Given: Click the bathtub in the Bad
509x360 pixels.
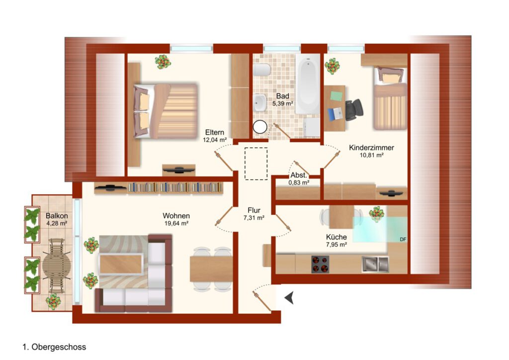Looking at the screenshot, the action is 308,85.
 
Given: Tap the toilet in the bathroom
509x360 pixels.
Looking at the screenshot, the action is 262,70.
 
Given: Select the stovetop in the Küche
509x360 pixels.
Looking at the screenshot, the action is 320,264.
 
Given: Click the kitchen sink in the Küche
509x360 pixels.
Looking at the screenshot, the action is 375,264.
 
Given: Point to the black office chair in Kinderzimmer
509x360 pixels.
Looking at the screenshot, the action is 354,110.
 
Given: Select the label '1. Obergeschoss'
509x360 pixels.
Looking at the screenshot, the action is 54,347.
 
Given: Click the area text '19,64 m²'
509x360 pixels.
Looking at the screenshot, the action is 176,223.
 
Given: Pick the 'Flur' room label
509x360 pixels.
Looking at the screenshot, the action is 254,210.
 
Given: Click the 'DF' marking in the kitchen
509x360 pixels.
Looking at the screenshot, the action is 403,240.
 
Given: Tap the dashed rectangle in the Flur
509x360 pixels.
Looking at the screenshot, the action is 256,164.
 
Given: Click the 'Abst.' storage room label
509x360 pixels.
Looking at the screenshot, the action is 299,176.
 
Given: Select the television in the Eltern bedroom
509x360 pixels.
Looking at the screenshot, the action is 178,170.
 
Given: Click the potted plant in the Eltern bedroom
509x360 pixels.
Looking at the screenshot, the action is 163,61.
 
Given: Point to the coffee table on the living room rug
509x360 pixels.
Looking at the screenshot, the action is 121,264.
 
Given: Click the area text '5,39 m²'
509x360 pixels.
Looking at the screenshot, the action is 283,103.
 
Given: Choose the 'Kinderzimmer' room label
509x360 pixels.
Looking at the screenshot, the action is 371,148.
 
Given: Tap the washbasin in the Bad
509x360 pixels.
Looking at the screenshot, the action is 259,103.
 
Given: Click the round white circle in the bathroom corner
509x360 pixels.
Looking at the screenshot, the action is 259,127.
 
